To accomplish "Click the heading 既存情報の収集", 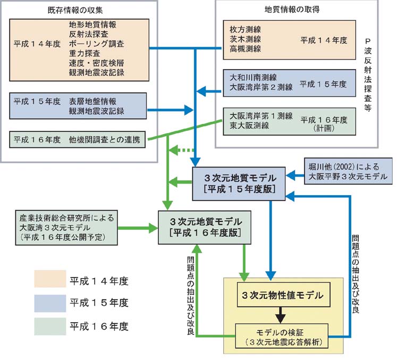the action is click(x=75, y=10).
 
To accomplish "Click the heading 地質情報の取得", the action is click(x=292, y=10).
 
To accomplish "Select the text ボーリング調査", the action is click(x=97, y=44).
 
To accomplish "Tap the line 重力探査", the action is click(x=85, y=54).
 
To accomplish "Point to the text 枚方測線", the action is click(x=245, y=30).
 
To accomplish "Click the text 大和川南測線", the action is click(x=253, y=78).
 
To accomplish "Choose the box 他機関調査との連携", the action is click(x=77, y=139).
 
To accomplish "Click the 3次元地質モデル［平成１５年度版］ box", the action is click(x=239, y=183).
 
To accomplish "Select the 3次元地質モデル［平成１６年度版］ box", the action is click(x=205, y=228).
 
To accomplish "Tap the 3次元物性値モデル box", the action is click(x=284, y=295).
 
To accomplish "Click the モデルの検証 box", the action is click(x=282, y=336).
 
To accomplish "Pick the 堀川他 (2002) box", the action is click(x=348, y=171).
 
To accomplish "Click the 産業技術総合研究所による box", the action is click(x=66, y=228).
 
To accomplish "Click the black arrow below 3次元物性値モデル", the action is click(x=281, y=315).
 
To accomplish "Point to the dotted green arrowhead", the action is click(x=174, y=150).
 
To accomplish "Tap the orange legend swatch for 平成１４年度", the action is click(x=50, y=279).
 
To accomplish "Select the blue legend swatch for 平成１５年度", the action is click(x=50, y=303).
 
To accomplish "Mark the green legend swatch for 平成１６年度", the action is click(x=50, y=326).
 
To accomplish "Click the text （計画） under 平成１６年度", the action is click(x=324, y=128).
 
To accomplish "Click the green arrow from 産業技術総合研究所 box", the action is click(x=138, y=228).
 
